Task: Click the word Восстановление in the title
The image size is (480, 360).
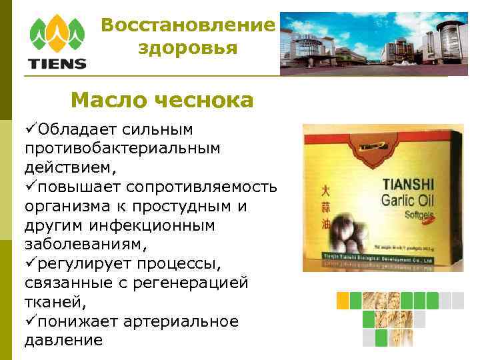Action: pyautogui.click(x=188, y=26)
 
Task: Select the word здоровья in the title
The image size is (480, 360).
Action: pyautogui.click(x=188, y=48)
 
